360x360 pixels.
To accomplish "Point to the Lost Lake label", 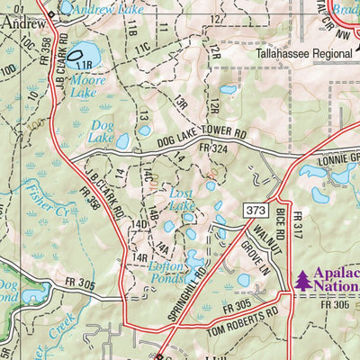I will [x=182, y=200].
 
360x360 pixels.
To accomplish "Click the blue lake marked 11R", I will [x=82, y=55].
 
